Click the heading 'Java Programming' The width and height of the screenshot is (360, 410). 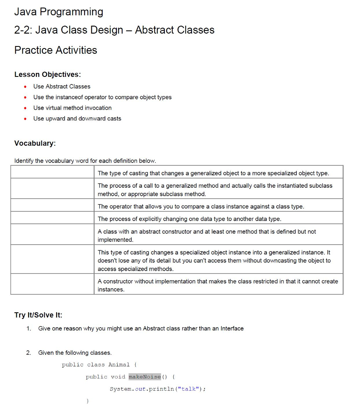pyautogui.click(x=58, y=12)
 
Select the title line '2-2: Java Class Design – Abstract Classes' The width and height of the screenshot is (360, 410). pyautogui.click(x=114, y=30)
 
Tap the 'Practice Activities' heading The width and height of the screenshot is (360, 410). pyautogui.click(x=56, y=50)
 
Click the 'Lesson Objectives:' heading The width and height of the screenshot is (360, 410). pyautogui.click(x=47, y=74)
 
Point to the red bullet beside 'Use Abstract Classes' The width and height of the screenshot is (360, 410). pyautogui.click(x=25, y=86)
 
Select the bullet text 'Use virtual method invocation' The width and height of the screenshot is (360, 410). pyautogui.click(x=72, y=108)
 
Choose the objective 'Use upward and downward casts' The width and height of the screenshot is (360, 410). pyautogui.click(x=77, y=119)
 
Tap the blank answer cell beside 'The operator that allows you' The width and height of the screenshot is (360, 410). pyautogui.click(x=52, y=207)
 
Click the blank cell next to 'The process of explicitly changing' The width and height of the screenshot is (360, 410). pyautogui.click(x=52, y=219)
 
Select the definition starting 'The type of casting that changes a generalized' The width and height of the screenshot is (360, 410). pyautogui.click(x=213, y=173)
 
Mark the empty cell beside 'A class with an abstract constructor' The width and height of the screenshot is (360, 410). pyautogui.click(x=52, y=235)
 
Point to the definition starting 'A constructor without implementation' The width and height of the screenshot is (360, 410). pyautogui.click(x=217, y=285)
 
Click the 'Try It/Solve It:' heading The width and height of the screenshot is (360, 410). pyautogui.click(x=38, y=315)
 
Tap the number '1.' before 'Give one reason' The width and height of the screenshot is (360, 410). pyautogui.click(x=28, y=329)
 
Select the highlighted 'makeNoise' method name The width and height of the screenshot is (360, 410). pyautogui.click(x=144, y=377)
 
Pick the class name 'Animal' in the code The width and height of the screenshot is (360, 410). pyautogui.click(x=119, y=365)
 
